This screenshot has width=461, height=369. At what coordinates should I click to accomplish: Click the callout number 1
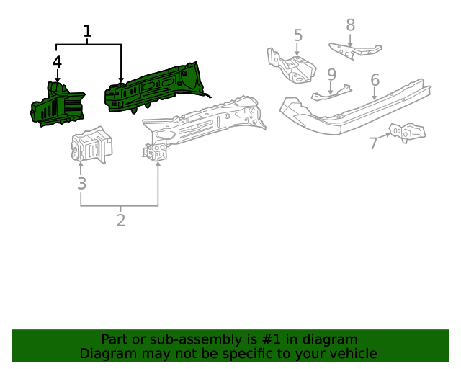click(87, 32)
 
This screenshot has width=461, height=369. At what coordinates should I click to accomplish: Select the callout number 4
click(58, 62)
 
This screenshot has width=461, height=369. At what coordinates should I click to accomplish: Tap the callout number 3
click(81, 184)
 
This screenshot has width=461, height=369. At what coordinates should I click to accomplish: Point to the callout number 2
click(120, 221)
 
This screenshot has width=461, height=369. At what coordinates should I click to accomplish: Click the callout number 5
click(297, 35)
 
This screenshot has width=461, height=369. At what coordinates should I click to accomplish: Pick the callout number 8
click(350, 25)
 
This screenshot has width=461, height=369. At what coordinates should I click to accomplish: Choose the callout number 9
click(331, 74)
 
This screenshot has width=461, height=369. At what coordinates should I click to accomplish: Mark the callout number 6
click(375, 79)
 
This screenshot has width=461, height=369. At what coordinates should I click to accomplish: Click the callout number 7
click(373, 143)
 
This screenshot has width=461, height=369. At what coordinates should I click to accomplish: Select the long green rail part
click(155, 86)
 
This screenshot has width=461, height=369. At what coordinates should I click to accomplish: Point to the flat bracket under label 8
click(354, 51)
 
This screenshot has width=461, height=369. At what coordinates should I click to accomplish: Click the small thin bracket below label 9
click(331, 93)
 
